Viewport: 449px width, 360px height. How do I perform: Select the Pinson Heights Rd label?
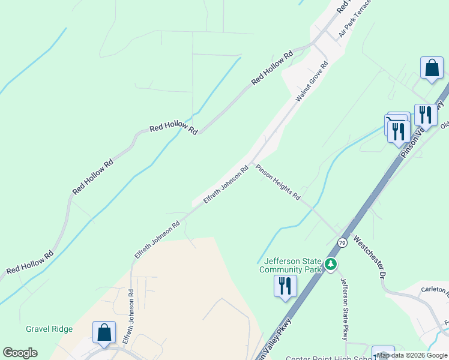(277, 182)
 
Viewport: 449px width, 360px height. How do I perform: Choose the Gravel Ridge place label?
(49, 329)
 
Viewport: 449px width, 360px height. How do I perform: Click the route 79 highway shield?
(342, 242)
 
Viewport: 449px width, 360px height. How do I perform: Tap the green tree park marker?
(330, 264)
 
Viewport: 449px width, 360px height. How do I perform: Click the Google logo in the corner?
(20, 353)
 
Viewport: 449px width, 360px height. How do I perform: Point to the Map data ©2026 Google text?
(412, 355)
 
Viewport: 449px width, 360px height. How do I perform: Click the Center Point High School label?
(324, 358)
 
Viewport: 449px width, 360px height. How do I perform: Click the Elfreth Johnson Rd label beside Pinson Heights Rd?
(226, 185)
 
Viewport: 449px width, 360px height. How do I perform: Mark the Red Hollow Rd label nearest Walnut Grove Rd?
(272, 67)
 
